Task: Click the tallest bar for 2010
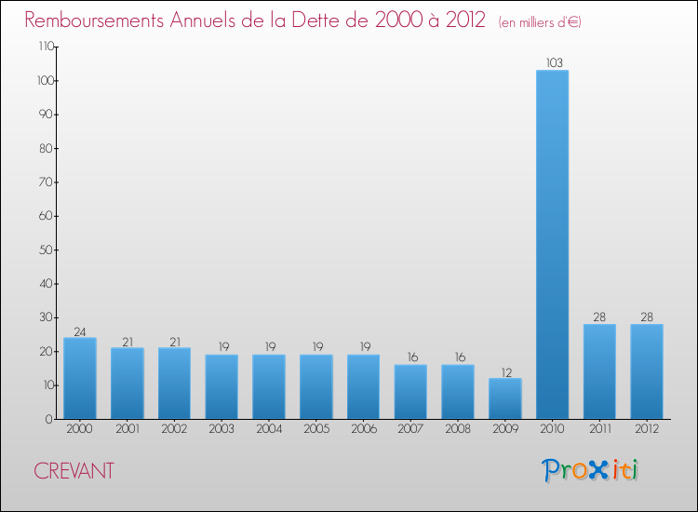[552, 244]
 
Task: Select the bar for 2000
[80, 378]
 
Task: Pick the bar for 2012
[647, 371]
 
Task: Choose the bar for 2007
[410, 391]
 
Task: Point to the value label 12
[505, 371]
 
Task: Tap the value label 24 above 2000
[80, 330]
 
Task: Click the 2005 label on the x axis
[316, 429]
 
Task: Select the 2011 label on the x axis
[599, 429]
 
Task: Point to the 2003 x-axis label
[221, 429]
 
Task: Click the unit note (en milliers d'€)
[540, 22]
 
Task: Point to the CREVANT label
[74, 471]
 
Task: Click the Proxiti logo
[591, 470]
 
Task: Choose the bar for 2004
[269, 386]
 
